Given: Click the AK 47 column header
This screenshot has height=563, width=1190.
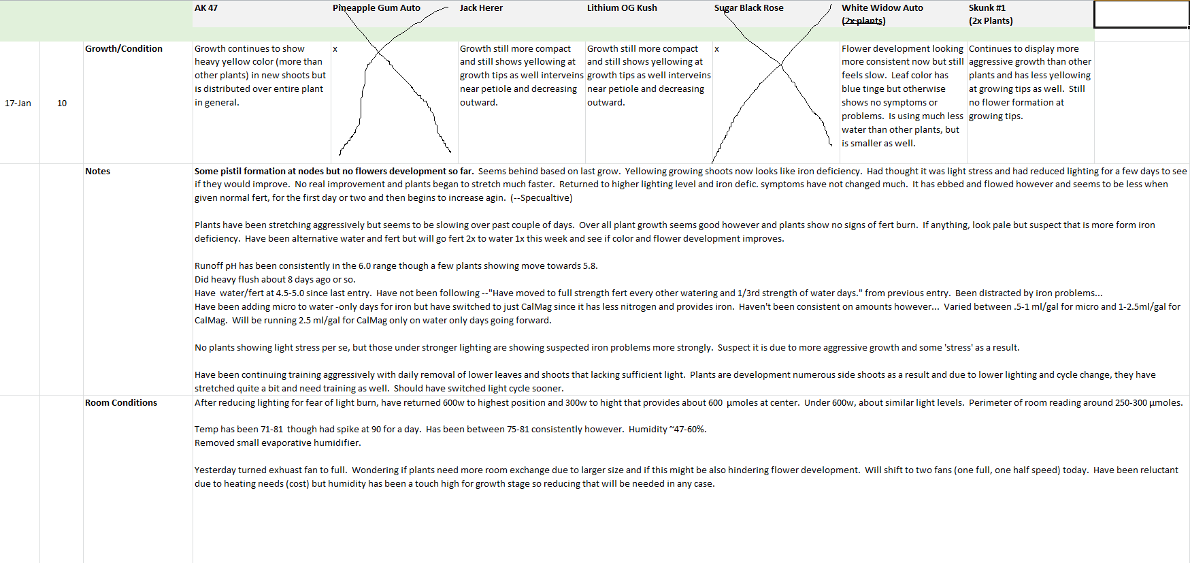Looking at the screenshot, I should (x=206, y=8).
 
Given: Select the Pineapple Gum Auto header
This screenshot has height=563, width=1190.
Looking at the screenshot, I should (x=376, y=8).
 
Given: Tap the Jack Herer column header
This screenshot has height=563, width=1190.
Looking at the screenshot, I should (x=481, y=8).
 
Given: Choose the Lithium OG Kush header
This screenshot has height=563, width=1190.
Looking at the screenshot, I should (x=622, y=8).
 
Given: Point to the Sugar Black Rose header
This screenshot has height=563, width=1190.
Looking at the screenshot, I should (x=748, y=8).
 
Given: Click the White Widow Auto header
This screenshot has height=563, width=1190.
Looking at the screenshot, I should (x=882, y=8).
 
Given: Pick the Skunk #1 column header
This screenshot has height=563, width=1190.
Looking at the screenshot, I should (x=987, y=8).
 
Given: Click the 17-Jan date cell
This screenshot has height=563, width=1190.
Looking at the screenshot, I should (x=18, y=103).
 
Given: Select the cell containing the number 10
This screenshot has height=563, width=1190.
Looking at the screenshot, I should (x=62, y=103).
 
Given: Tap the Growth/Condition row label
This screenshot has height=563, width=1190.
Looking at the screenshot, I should (x=124, y=49).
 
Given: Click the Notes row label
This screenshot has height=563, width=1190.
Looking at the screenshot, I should (x=97, y=172).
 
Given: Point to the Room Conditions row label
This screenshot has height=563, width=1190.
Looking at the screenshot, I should (x=121, y=403).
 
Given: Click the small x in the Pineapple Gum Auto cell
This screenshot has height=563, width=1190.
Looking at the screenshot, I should (x=335, y=49).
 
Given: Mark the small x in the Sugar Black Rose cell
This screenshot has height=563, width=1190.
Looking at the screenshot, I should (x=716, y=49).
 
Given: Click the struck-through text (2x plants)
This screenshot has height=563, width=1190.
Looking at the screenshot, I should (x=863, y=21).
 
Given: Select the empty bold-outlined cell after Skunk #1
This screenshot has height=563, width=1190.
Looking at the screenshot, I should (x=1141, y=14).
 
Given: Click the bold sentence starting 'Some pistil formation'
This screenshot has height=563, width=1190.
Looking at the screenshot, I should (x=333, y=172).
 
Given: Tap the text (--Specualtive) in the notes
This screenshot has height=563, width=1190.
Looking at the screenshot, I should (x=542, y=198).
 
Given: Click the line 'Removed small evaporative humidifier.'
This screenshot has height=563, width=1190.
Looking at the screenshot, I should (x=278, y=443).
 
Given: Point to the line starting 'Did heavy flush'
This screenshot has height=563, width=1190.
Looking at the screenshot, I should (x=275, y=280).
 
